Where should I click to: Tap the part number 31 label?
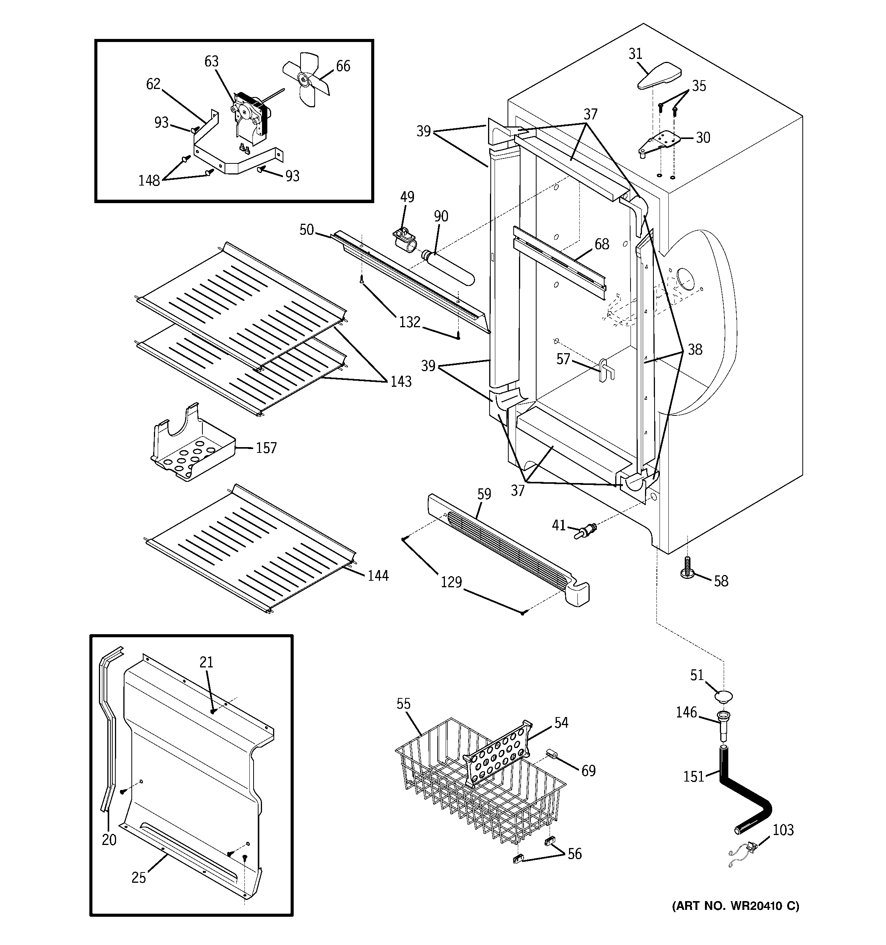pyautogui.click(x=635, y=54)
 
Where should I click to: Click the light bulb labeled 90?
pyautogui.click(x=450, y=268)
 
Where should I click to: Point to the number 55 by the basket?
pyautogui.click(x=403, y=704)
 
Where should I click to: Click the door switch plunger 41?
pyautogui.click(x=586, y=530)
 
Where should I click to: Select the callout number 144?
pyautogui.click(x=378, y=576)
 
